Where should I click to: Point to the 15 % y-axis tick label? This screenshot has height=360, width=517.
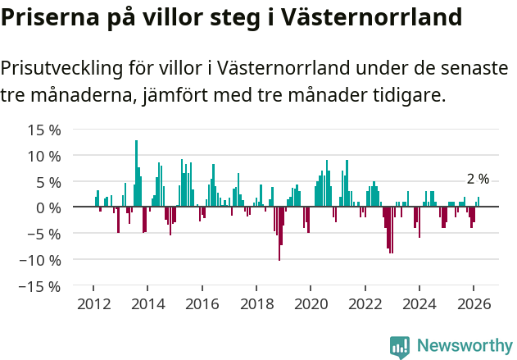coord(44,130)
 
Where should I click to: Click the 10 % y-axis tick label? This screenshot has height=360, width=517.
coord(44,156)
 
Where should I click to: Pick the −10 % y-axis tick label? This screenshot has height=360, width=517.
coord(40,260)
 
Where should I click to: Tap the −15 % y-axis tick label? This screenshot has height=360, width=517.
coord(40,286)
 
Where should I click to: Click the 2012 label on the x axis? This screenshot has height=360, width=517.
coord(93,303)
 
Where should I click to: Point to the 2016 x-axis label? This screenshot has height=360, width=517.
coord(202,303)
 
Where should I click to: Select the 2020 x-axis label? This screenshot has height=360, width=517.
coord(311,303)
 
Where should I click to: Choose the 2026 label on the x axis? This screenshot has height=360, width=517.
coord(474,303)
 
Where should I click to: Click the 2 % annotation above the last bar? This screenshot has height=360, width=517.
coord(478,179)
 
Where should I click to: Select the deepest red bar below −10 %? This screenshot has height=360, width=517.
coord(279,234)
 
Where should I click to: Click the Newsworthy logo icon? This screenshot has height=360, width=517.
coord(400,347)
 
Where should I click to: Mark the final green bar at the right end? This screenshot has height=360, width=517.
coord(478,202)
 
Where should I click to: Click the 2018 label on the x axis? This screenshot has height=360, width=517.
coord(256,303)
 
